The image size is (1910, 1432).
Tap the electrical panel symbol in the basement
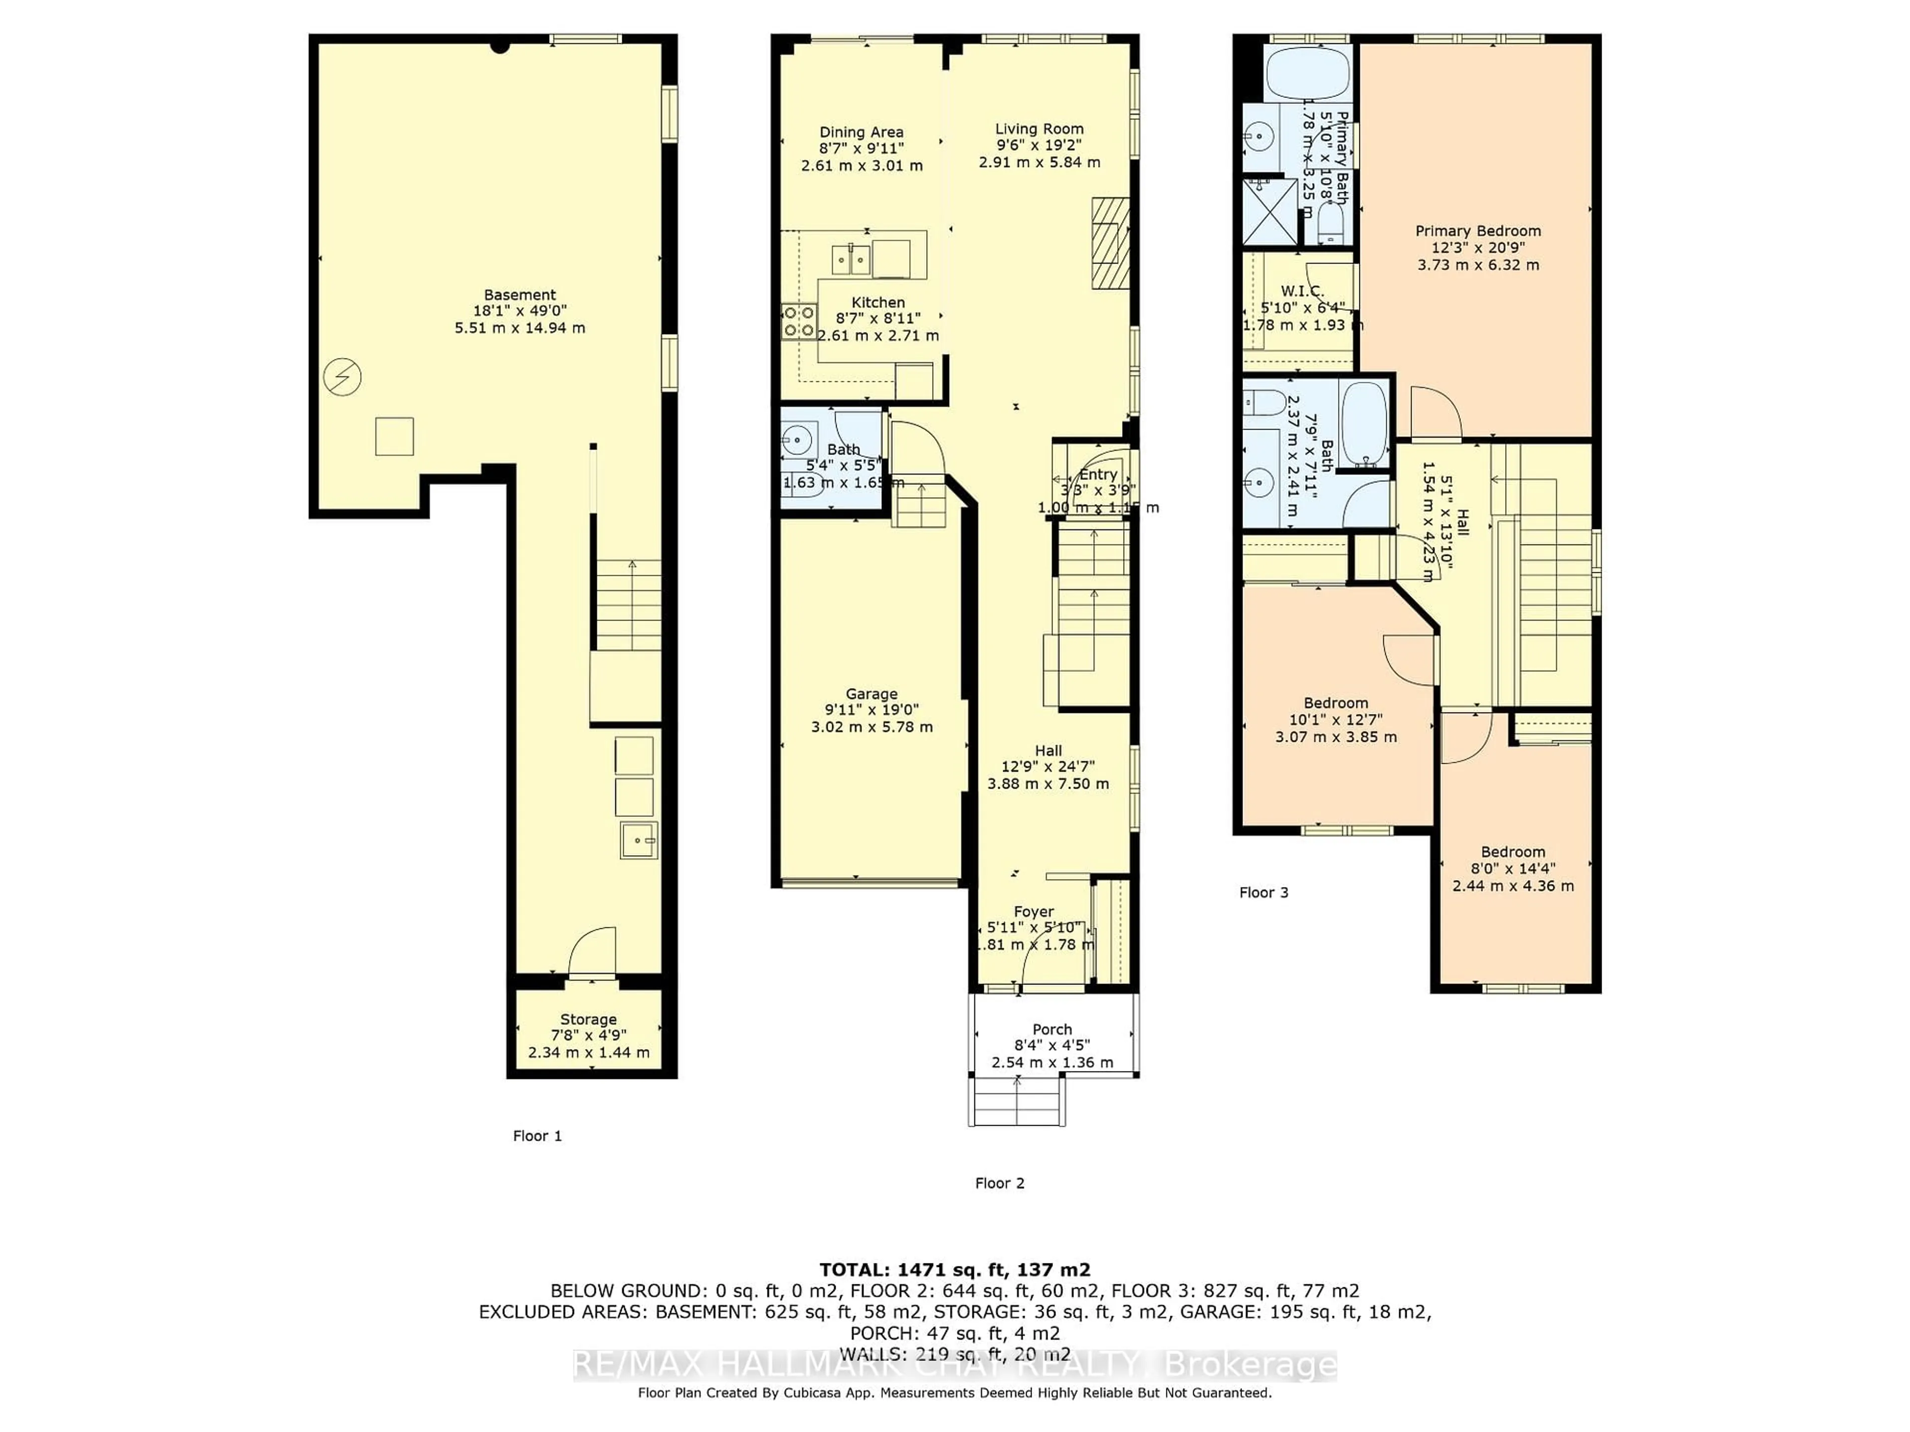point(342,377)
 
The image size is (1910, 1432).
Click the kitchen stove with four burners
point(799,321)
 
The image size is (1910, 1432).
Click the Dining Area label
point(861,132)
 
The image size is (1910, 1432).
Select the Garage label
point(871,694)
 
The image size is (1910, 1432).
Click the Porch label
point(1051,1030)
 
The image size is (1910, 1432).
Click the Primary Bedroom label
point(1477,231)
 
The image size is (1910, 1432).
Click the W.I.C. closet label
point(1302,292)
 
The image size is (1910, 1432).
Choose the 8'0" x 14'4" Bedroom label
point(1513,852)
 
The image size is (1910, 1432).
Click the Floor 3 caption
point(1263,893)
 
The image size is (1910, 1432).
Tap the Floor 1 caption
point(537,1136)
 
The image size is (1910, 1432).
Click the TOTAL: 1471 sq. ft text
point(954,1270)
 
